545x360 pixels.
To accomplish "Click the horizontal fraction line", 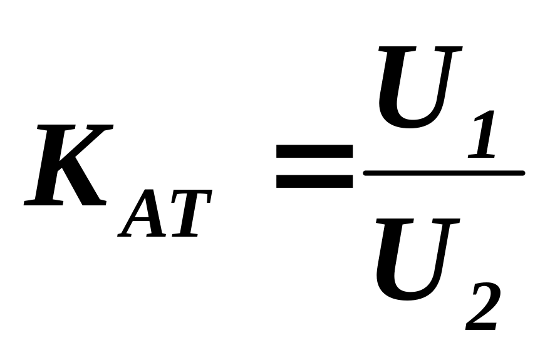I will coord(444,173).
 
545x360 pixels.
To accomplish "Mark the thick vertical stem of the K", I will coord(50,166).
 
